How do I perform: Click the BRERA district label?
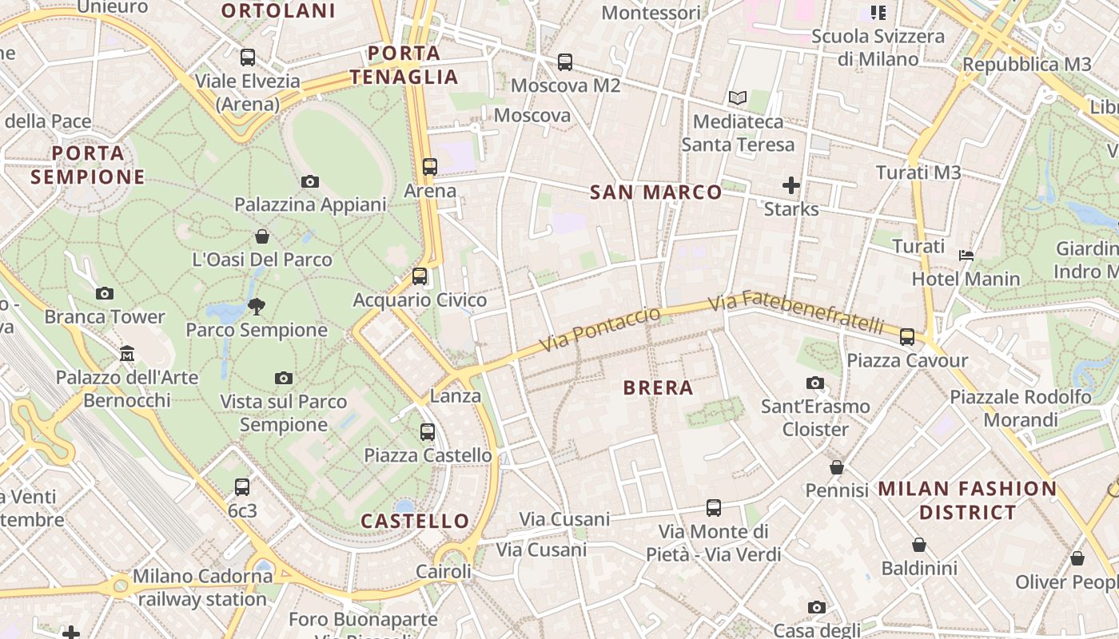[x=658, y=388]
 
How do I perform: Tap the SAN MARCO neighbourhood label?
[x=655, y=192]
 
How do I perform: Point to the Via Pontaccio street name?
[x=600, y=328]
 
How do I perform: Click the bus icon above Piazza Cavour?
[x=907, y=337]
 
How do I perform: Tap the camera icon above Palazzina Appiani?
[x=310, y=182]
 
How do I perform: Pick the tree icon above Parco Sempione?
[x=257, y=306]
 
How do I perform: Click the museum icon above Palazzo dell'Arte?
[x=127, y=353]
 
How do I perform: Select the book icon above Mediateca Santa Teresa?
[x=737, y=98]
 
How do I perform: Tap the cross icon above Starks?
[x=791, y=186]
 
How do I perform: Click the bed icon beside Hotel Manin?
[x=966, y=256]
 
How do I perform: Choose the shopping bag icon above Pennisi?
[x=837, y=466]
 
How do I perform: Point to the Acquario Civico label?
[x=420, y=300]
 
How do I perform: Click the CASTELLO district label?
[x=415, y=522]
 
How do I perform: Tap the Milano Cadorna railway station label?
[x=202, y=587]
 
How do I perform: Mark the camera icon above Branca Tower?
[x=105, y=294]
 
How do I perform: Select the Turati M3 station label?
[x=918, y=173]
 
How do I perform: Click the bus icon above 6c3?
[x=242, y=486]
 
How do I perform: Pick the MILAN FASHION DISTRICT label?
[x=967, y=500]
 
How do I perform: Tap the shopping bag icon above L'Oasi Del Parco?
[x=262, y=236]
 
